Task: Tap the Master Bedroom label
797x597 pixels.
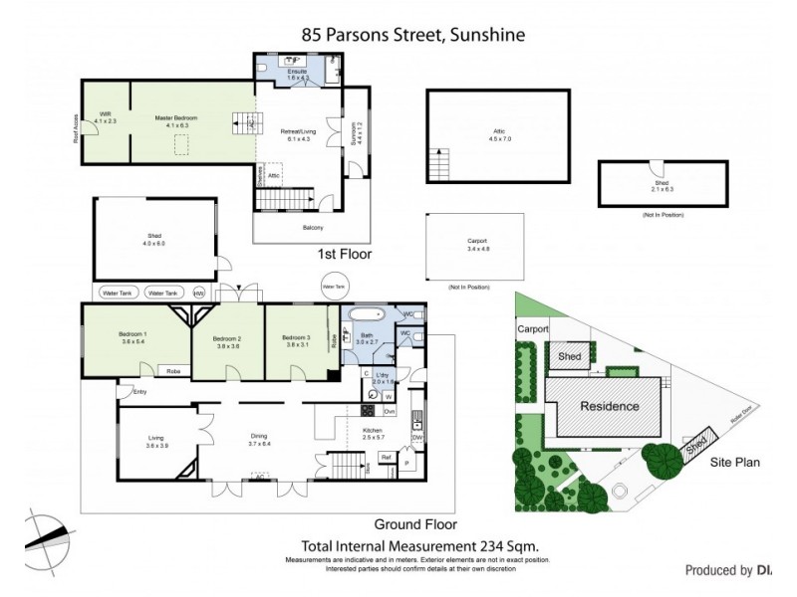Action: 175,118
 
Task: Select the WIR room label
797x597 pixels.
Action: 105,116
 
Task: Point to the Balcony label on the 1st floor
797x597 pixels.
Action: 313,228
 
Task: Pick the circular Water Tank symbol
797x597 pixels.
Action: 333,286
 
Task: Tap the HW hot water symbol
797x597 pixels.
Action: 199,294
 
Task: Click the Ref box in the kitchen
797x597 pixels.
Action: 385,458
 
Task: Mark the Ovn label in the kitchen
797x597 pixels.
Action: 390,410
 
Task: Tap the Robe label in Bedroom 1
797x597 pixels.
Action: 172,370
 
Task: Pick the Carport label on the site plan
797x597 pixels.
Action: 533,329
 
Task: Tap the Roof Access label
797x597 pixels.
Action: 75,129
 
